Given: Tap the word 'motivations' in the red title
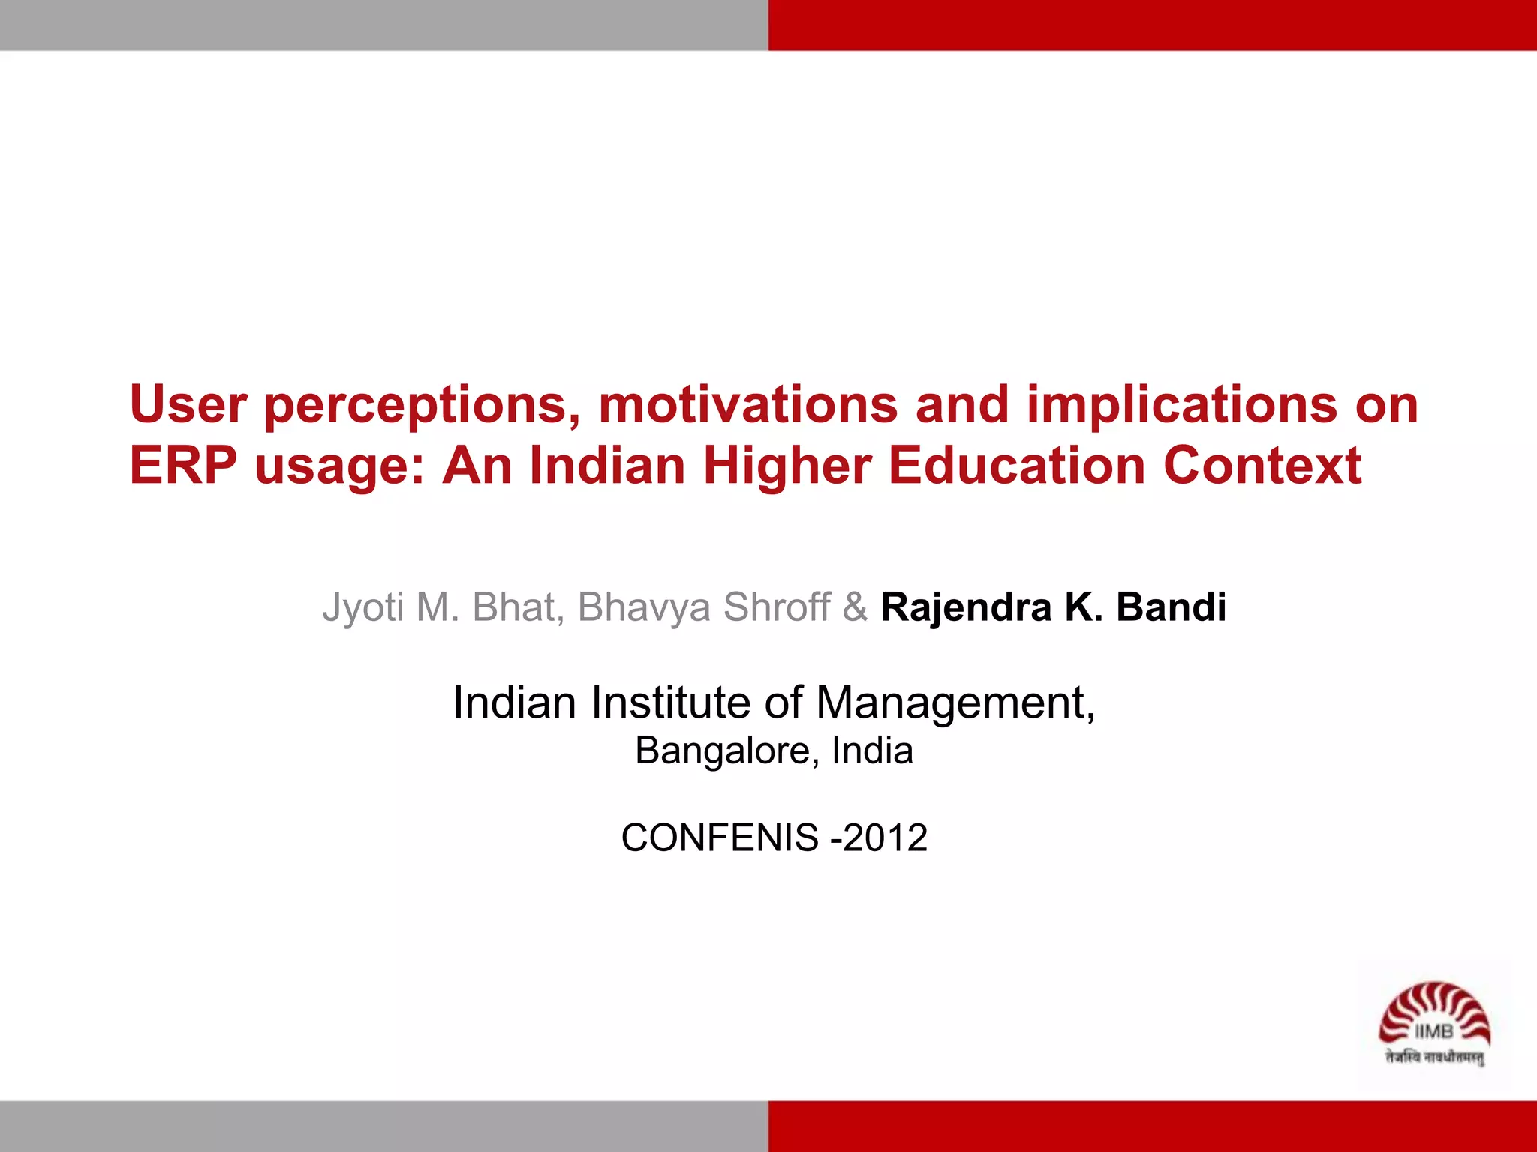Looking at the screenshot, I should (747, 404).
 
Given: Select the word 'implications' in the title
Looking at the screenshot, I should (1181, 406).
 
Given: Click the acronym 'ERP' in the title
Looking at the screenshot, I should (183, 466).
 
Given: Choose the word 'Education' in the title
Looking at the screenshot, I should (1016, 466).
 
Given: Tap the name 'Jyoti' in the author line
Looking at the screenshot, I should (363, 607).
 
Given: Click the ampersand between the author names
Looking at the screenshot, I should (855, 607).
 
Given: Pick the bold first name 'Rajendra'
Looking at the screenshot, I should (965, 607).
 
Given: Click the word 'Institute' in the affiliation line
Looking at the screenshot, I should (670, 703).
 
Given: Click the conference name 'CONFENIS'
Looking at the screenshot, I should (719, 838).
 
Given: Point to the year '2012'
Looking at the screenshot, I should (885, 838).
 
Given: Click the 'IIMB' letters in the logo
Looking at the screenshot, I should (1433, 1032).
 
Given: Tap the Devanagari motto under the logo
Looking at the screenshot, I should (1434, 1057).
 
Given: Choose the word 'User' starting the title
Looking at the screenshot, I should (188, 404).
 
